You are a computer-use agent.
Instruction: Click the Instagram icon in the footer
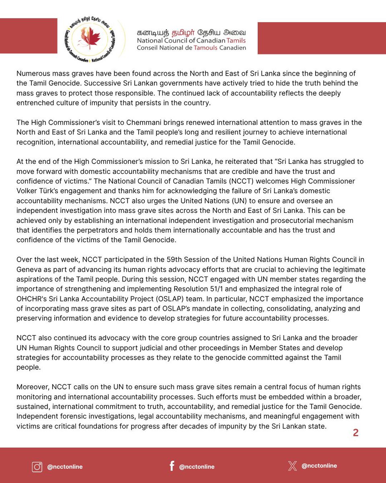coord(37,466)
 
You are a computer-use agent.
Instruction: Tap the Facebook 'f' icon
coord(172,466)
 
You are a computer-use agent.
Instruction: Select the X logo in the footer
coord(292,466)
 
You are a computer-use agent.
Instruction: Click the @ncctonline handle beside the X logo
coord(319,466)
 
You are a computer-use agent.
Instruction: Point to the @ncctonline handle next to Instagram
coord(65,466)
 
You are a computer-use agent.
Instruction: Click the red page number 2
coord(355,433)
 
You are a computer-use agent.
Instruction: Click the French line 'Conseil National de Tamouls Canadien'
coord(191,47)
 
